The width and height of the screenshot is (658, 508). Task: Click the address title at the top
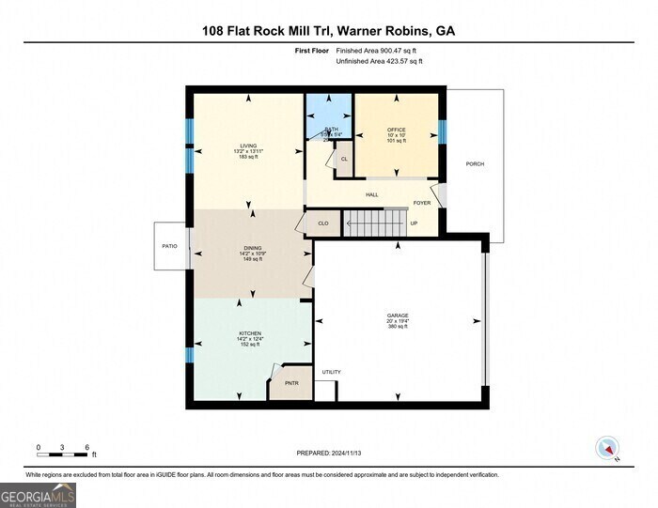pyautogui.click(x=328, y=30)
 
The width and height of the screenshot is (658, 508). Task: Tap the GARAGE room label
pyautogui.click(x=398, y=316)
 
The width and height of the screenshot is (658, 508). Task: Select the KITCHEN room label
pyautogui.click(x=249, y=333)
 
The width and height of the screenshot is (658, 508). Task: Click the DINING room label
pyautogui.click(x=253, y=247)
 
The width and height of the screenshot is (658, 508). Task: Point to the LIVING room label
pyautogui.click(x=247, y=146)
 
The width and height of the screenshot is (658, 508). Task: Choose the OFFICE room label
pyautogui.click(x=396, y=129)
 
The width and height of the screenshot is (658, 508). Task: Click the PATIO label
pyautogui.click(x=169, y=246)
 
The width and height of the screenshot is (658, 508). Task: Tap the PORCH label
pyautogui.click(x=475, y=163)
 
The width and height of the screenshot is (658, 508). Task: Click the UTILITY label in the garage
pyautogui.click(x=332, y=372)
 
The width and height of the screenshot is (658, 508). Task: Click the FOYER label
pyautogui.click(x=422, y=203)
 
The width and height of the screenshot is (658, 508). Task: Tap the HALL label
pyautogui.click(x=371, y=194)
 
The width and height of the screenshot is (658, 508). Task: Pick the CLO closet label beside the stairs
pyautogui.click(x=322, y=223)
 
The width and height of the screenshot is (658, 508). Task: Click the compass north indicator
pyautogui.click(x=608, y=449)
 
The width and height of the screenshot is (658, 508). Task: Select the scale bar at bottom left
pyautogui.click(x=62, y=454)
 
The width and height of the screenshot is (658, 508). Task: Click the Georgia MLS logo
pyautogui.click(x=38, y=494)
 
